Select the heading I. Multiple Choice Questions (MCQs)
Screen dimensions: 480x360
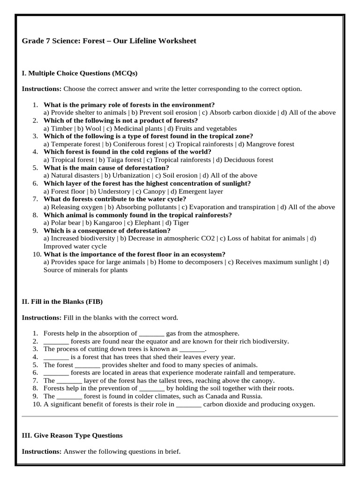pyautogui.click(x=80, y=73)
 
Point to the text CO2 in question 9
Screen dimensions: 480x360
pyautogui.click(x=208, y=238)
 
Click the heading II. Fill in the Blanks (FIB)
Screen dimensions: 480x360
pyautogui.click(x=62, y=301)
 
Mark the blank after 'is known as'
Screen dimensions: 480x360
pyautogui.click(x=193, y=349)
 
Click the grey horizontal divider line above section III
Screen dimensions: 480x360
pyautogui.click(x=180, y=416)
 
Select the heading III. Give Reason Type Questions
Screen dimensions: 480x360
pyautogui.click(x=72, y=435)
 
